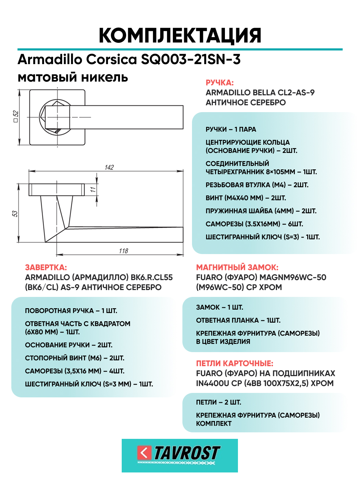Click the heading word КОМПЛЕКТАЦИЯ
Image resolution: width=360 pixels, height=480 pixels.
[180, 35]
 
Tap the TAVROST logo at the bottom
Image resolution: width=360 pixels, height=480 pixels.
[180, 455]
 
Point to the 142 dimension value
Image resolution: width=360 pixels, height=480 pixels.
[109, 167]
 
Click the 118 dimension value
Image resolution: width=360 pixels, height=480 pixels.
[123, 251]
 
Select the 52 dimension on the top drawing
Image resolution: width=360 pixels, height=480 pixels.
[16, 117]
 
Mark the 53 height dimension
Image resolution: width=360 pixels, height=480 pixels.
[15, 213]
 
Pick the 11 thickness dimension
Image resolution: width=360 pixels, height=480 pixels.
[93, 189]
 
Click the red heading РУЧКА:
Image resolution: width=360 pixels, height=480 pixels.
[219, 83]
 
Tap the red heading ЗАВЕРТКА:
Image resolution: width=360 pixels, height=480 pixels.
[46, 267]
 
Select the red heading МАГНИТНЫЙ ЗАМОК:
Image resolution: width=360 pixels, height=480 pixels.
[237, 267]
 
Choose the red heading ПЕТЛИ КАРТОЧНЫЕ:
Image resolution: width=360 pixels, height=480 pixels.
[235, 363]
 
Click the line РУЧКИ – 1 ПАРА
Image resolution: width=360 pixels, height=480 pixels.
[231, 129]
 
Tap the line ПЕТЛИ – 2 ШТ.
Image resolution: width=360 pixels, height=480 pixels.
[218, 402]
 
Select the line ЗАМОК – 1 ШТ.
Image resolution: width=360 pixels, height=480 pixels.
[219, 307]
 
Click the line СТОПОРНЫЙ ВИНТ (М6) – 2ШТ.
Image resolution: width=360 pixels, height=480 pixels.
[74, 358]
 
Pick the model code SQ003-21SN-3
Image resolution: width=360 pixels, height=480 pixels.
[191, 60]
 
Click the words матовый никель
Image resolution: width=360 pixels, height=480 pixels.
[73, 77]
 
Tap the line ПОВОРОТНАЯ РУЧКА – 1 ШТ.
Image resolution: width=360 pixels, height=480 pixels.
[71, 311]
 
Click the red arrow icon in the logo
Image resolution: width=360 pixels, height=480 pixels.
[144, 453]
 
